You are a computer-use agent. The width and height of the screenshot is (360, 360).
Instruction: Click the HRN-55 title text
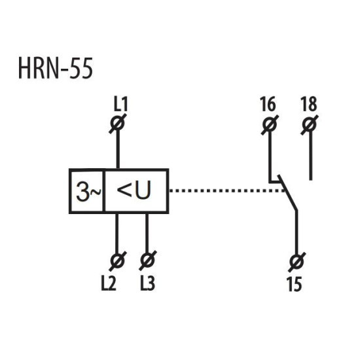56,69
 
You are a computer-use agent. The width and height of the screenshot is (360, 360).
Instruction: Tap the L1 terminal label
120,104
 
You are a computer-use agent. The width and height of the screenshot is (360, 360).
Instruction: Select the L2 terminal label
109,283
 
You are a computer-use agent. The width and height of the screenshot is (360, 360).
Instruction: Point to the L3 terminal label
148,283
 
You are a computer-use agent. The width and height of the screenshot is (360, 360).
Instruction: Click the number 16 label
268,104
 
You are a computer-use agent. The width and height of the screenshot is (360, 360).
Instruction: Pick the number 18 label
309,104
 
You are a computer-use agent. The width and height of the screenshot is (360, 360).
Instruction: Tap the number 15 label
295,284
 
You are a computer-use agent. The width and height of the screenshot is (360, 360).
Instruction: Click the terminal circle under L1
118,123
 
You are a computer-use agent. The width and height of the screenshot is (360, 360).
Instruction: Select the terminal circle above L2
117,261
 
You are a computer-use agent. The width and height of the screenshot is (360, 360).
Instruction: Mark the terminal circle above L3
147,260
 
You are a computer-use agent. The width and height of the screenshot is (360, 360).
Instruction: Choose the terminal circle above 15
297,262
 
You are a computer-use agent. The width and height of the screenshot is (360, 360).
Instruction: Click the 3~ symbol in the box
88,191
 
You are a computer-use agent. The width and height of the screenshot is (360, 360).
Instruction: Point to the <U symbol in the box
134,190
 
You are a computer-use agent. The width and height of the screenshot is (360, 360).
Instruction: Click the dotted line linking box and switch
227,190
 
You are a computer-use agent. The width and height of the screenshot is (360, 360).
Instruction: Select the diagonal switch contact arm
287,192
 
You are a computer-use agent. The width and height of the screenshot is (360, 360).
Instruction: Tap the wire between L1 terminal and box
118,149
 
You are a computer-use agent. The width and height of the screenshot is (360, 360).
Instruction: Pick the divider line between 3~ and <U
104,191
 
